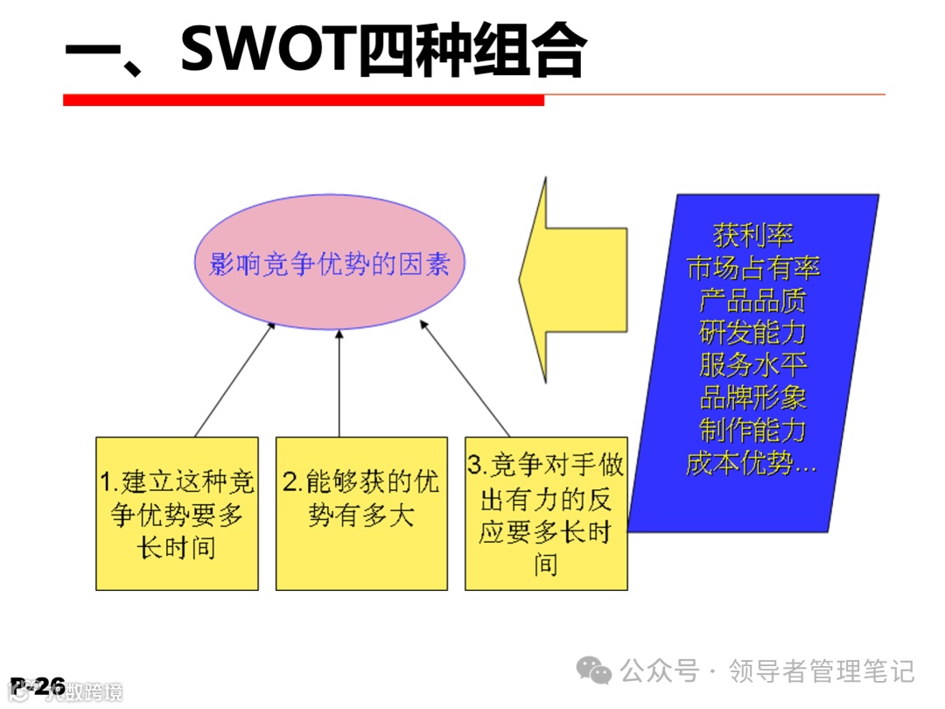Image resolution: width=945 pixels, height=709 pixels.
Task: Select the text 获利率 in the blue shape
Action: [753, 235]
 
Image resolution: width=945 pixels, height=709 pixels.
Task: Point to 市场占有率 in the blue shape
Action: [753, 268]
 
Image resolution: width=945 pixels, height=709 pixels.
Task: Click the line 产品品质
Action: [753, 300]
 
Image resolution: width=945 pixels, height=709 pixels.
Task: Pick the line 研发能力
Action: [753, 333]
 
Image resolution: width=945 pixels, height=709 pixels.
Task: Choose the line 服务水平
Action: [753, 365]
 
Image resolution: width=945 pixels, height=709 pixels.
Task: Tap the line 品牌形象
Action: [753, 397]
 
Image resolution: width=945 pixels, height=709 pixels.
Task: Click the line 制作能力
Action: [753, 430]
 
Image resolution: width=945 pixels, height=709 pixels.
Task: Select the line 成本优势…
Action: [752, 462]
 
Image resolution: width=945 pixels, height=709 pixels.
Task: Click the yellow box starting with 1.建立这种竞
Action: [177, 514]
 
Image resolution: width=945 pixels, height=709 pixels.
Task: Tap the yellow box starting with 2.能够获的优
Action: [361, 514]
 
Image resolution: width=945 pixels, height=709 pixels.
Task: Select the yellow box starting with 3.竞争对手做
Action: [546, 514]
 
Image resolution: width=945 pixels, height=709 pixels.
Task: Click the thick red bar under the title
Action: [303, 101]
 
